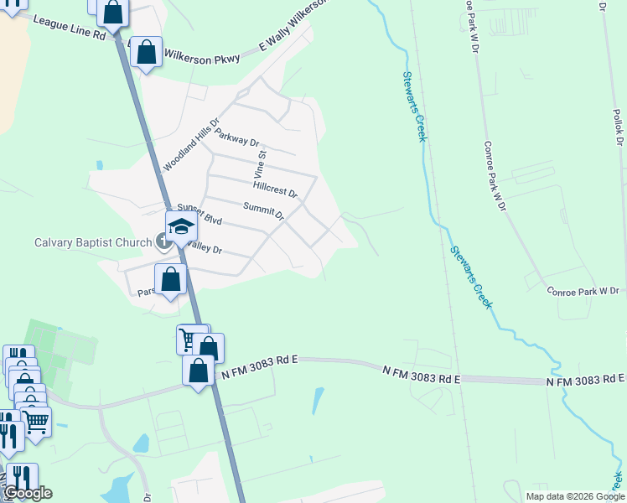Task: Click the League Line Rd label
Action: click(x=68, y=29)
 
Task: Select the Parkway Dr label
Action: click(x=237, y=137)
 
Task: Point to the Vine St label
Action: click(x=260, y=162)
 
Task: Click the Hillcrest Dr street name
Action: click(x=275, y=185)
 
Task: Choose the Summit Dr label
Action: click(x=264, y=210)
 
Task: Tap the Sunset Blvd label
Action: click(x=199, y=215)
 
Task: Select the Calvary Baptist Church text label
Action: click(x=93, y=243)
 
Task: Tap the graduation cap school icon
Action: click(x=181, y=226)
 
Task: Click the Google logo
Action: click(x=28, y=493)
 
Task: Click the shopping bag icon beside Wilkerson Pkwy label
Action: click(x=147, y=52)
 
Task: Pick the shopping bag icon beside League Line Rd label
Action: click(x=113, y=13)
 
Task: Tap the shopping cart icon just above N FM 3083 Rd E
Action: click(x=190, y=339)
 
